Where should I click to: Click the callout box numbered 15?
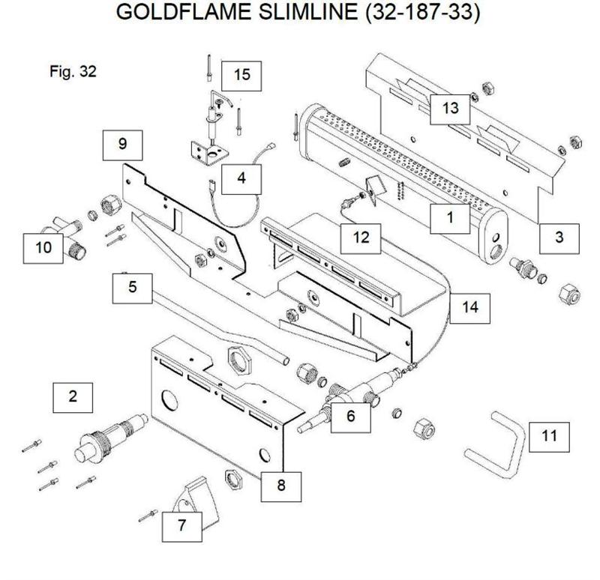pos(241,74)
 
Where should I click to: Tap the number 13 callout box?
pos(449,108)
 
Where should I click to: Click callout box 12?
pos(361,238)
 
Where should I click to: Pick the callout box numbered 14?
pos(469,306)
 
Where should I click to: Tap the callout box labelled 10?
pos(46,246)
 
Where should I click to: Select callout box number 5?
pos(133,288)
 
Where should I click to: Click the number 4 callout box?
pos(241,178)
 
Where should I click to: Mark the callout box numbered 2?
pos(72,396)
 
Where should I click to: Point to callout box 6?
pos(350,417)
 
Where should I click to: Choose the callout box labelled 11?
pos(549,435)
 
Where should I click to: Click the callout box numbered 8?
pos(281,485)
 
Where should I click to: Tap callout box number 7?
pos(182,525)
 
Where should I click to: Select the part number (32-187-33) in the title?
pos(419,13)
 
